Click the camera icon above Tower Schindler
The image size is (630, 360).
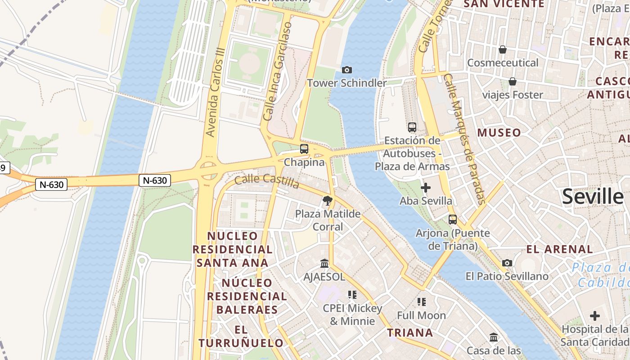[x=346, y=70]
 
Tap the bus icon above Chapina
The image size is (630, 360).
[x=304, y=149]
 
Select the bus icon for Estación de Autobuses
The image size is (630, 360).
[x=412, y=127]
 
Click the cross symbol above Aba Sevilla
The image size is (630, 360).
[x=426, y=188]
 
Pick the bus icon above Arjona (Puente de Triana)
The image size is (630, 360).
[x=453, y=220]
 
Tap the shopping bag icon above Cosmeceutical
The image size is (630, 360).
[x=503, y=49]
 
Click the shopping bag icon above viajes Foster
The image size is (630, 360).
[x=512, y=81]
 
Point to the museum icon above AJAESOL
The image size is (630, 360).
[x=324, y=263]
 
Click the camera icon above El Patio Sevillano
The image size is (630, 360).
[x=507, y=263]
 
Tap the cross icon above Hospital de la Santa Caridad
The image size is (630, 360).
[x=595, y=316]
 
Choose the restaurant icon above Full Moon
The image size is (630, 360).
[x=421, y=302]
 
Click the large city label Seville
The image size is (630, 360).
[x=593, y=197]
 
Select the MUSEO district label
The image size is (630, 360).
[x=499, y=133]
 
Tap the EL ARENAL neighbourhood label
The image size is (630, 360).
[x=560, y=249]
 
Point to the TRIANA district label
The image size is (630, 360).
[x=410, y=333]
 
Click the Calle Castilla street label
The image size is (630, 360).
[x=267, y=181]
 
